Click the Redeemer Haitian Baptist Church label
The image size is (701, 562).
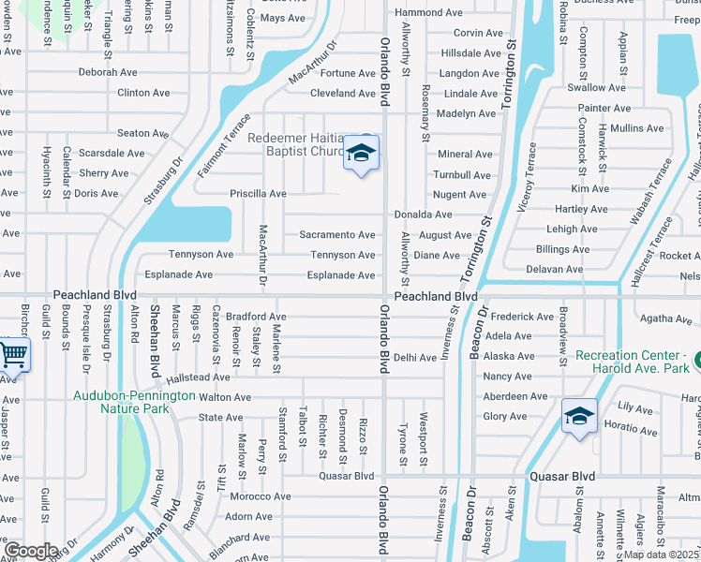(x=298, y=144)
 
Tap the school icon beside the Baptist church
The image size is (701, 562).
(x=361, y=153)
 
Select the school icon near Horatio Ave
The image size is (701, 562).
(x=579, y=414)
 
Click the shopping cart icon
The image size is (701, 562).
(x=13, y=355)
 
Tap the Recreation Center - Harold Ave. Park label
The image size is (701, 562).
(x=637, y=362)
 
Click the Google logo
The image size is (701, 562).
(x=31, y=550)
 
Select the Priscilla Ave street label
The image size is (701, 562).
(x=259, y=194)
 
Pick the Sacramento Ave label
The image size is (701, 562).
(x=337, y=235)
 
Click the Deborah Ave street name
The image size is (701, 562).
(x=108, y=72)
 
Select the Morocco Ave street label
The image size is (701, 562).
(x=261, y=496)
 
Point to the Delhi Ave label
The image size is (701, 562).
(x=415, y=357)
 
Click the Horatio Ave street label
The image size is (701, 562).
(x=632, y=429)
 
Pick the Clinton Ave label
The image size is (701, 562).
(x=143, y=93)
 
